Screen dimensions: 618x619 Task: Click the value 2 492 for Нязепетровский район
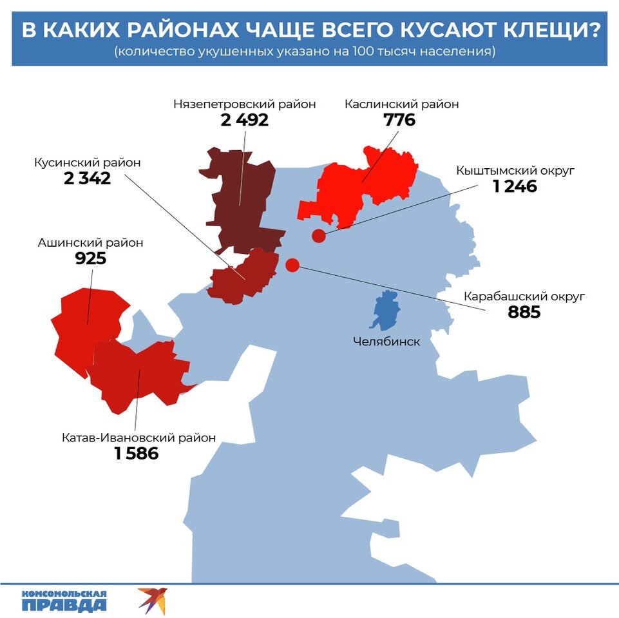pyautogui.click(x=244, y=121)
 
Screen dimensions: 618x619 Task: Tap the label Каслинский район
pyautogui.click(x=401, y=104)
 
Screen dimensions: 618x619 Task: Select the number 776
pyautogui.click(x=399, y=121)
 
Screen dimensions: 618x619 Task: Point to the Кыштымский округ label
pyautogui.click(x=515, y=171)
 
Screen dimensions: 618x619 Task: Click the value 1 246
pyautogui.click(x=515, y=187)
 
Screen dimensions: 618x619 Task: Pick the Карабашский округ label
pyautogui.click(x=524, y=297)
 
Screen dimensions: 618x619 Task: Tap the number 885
pyautogui.click(x=523, y=313)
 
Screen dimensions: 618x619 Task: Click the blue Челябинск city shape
pyautogui.click(x=386, y=311)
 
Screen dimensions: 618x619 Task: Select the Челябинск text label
pyautogui.click(x=386, y=342)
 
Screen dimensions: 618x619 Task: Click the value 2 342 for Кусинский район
pyautogui.click(x=87, y=179)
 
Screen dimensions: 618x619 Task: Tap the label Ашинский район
pyautogui.click(x=90, y=243)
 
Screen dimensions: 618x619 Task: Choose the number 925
pyautogui.click(x=90, y=259)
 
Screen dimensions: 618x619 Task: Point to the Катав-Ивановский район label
pyautogui.click(x=138, y=438)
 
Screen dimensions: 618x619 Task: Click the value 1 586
pyautogui.click(x=137, y=454)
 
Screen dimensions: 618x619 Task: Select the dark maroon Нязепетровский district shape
pyautogui.click(x=242, y=200)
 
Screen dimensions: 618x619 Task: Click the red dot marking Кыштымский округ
pyautogui.click(x=318, y=236)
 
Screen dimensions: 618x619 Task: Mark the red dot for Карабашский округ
pyautogui.click(x=292, y=265)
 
